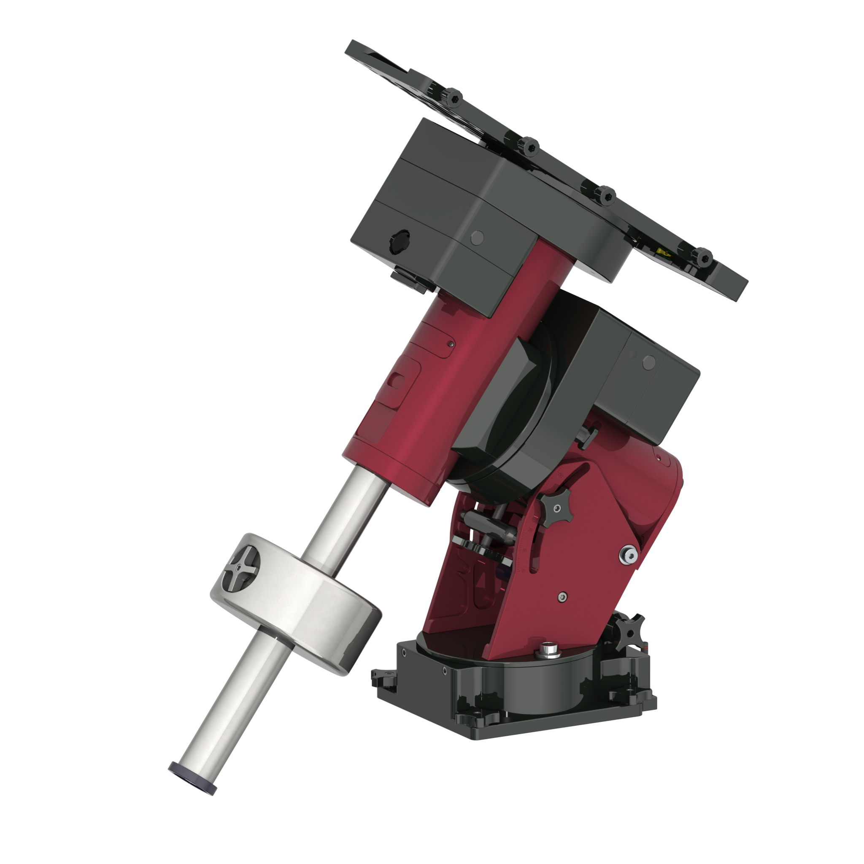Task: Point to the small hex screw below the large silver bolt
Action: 563,596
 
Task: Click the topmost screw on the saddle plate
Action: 450,96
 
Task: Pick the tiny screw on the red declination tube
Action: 451,344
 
